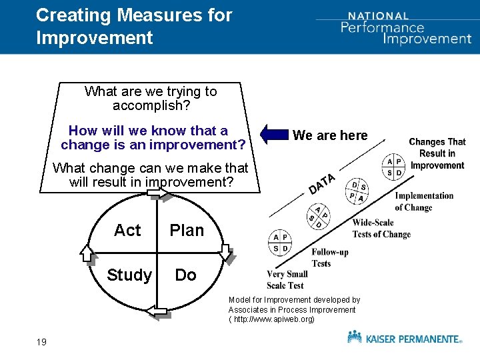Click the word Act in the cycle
pos(127,231)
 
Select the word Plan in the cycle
pos(187,231)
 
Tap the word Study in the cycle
pos(129,275)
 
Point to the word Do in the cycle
pos(185,275)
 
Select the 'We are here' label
pos(330,135)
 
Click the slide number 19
pos(41,342)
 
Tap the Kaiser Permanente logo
pos(404,338)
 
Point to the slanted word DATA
pos(321,183)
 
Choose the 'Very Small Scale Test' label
pos(285,280)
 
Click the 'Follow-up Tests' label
pos(329,257)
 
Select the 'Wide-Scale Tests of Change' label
pos(381,229)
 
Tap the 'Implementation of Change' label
pos(424,201)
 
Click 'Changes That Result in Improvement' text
pos(437,153)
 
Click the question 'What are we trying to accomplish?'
pos(151,99)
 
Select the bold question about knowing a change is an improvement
pos(153,137)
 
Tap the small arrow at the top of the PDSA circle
pos(159,193)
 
